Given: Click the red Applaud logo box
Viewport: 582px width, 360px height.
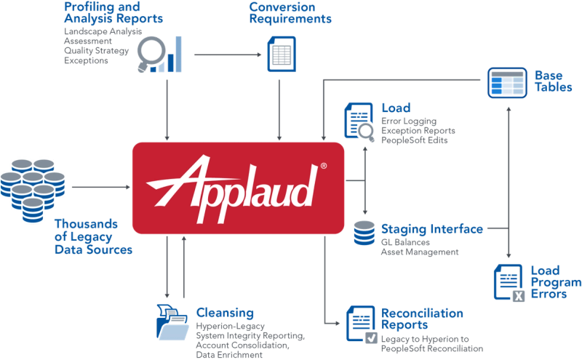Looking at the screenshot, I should [238, 188].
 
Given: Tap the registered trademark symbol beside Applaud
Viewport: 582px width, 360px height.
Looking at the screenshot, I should [323, 167].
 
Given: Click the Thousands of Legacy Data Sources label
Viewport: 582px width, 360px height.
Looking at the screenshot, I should [93, 236].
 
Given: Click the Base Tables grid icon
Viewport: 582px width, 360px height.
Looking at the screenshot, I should [506, 82].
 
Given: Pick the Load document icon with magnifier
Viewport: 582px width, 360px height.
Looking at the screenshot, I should [358, 120].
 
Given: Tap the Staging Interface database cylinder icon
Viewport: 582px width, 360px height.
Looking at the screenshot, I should [364, 233].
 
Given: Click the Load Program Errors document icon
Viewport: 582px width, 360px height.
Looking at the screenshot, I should [509, 282].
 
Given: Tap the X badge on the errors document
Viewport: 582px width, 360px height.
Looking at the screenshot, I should [518, 296].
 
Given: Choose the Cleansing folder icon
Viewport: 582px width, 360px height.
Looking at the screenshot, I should [172, 321].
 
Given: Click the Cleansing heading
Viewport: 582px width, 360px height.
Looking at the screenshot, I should [225, 313].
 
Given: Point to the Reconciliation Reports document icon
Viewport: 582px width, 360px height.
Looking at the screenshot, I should [362, 324].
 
